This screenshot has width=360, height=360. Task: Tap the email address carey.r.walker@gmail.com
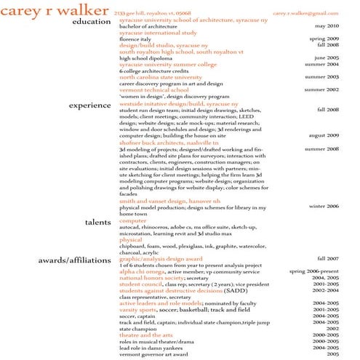pos(306,13)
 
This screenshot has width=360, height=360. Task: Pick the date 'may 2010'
pos(327,26)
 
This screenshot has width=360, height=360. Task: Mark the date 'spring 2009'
pos(324,39)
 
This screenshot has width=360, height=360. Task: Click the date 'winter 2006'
pos(324,207)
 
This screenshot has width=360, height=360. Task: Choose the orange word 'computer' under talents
pos(133,220)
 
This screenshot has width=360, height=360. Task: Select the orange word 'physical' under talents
pos(131,239)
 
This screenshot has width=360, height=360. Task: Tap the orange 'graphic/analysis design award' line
pos(161,258)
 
